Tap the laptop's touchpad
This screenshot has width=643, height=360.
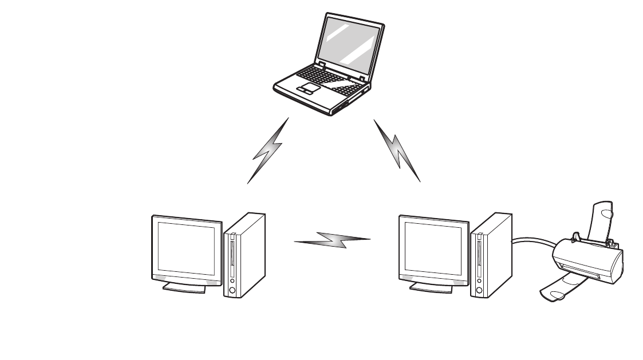click(x=307, y=88)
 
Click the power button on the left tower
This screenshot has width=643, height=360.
click(x=231, y=290)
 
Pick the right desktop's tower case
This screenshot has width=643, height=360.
click(x=490, y=255)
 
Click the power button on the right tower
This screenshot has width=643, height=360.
click(x=478, y=290)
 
